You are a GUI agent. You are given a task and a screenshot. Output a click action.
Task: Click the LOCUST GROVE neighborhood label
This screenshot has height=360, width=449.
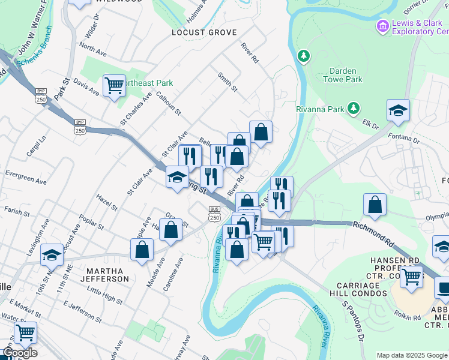click(x=203, y=32)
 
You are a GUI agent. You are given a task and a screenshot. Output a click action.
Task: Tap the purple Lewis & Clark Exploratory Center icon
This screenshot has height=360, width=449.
click(x=382, y=26)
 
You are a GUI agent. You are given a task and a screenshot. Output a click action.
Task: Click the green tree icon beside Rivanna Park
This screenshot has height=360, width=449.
click(x=354, y=108)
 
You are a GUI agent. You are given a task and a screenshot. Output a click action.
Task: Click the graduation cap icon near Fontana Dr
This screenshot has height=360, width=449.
click(x=398, y=111)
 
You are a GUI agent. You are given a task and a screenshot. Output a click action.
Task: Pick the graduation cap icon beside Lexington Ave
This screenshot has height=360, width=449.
click(x=52, y=255)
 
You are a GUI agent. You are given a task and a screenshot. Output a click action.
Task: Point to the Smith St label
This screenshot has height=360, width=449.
click(x=228, y=82)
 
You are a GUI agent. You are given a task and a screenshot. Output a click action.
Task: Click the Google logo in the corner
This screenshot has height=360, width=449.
click(x=20, y=353)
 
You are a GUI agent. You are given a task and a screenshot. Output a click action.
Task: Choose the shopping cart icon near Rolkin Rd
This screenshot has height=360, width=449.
click(x=411, y=278)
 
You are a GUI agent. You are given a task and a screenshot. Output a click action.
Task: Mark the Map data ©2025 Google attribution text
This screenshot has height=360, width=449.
click(x=412, y=355)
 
